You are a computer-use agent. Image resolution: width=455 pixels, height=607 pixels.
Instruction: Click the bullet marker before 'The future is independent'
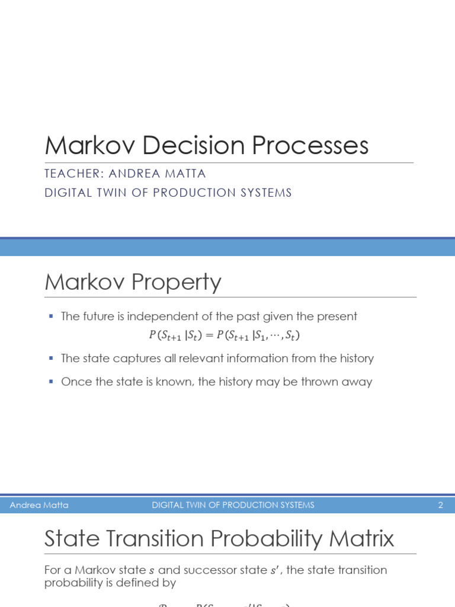pyautogui.click(x=51, y=317)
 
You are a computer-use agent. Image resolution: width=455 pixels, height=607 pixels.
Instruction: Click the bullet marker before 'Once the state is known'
pyautogui.click(x=51, y=381)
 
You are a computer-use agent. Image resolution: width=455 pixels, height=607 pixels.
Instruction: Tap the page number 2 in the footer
pyautogui.click(x=440, y=505)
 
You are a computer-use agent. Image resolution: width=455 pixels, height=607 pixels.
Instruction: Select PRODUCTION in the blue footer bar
pyautogui.click(x=241, y=505)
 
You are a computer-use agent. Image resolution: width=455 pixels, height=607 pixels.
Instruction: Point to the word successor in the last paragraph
pyautogui.click(x=210, y=570)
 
